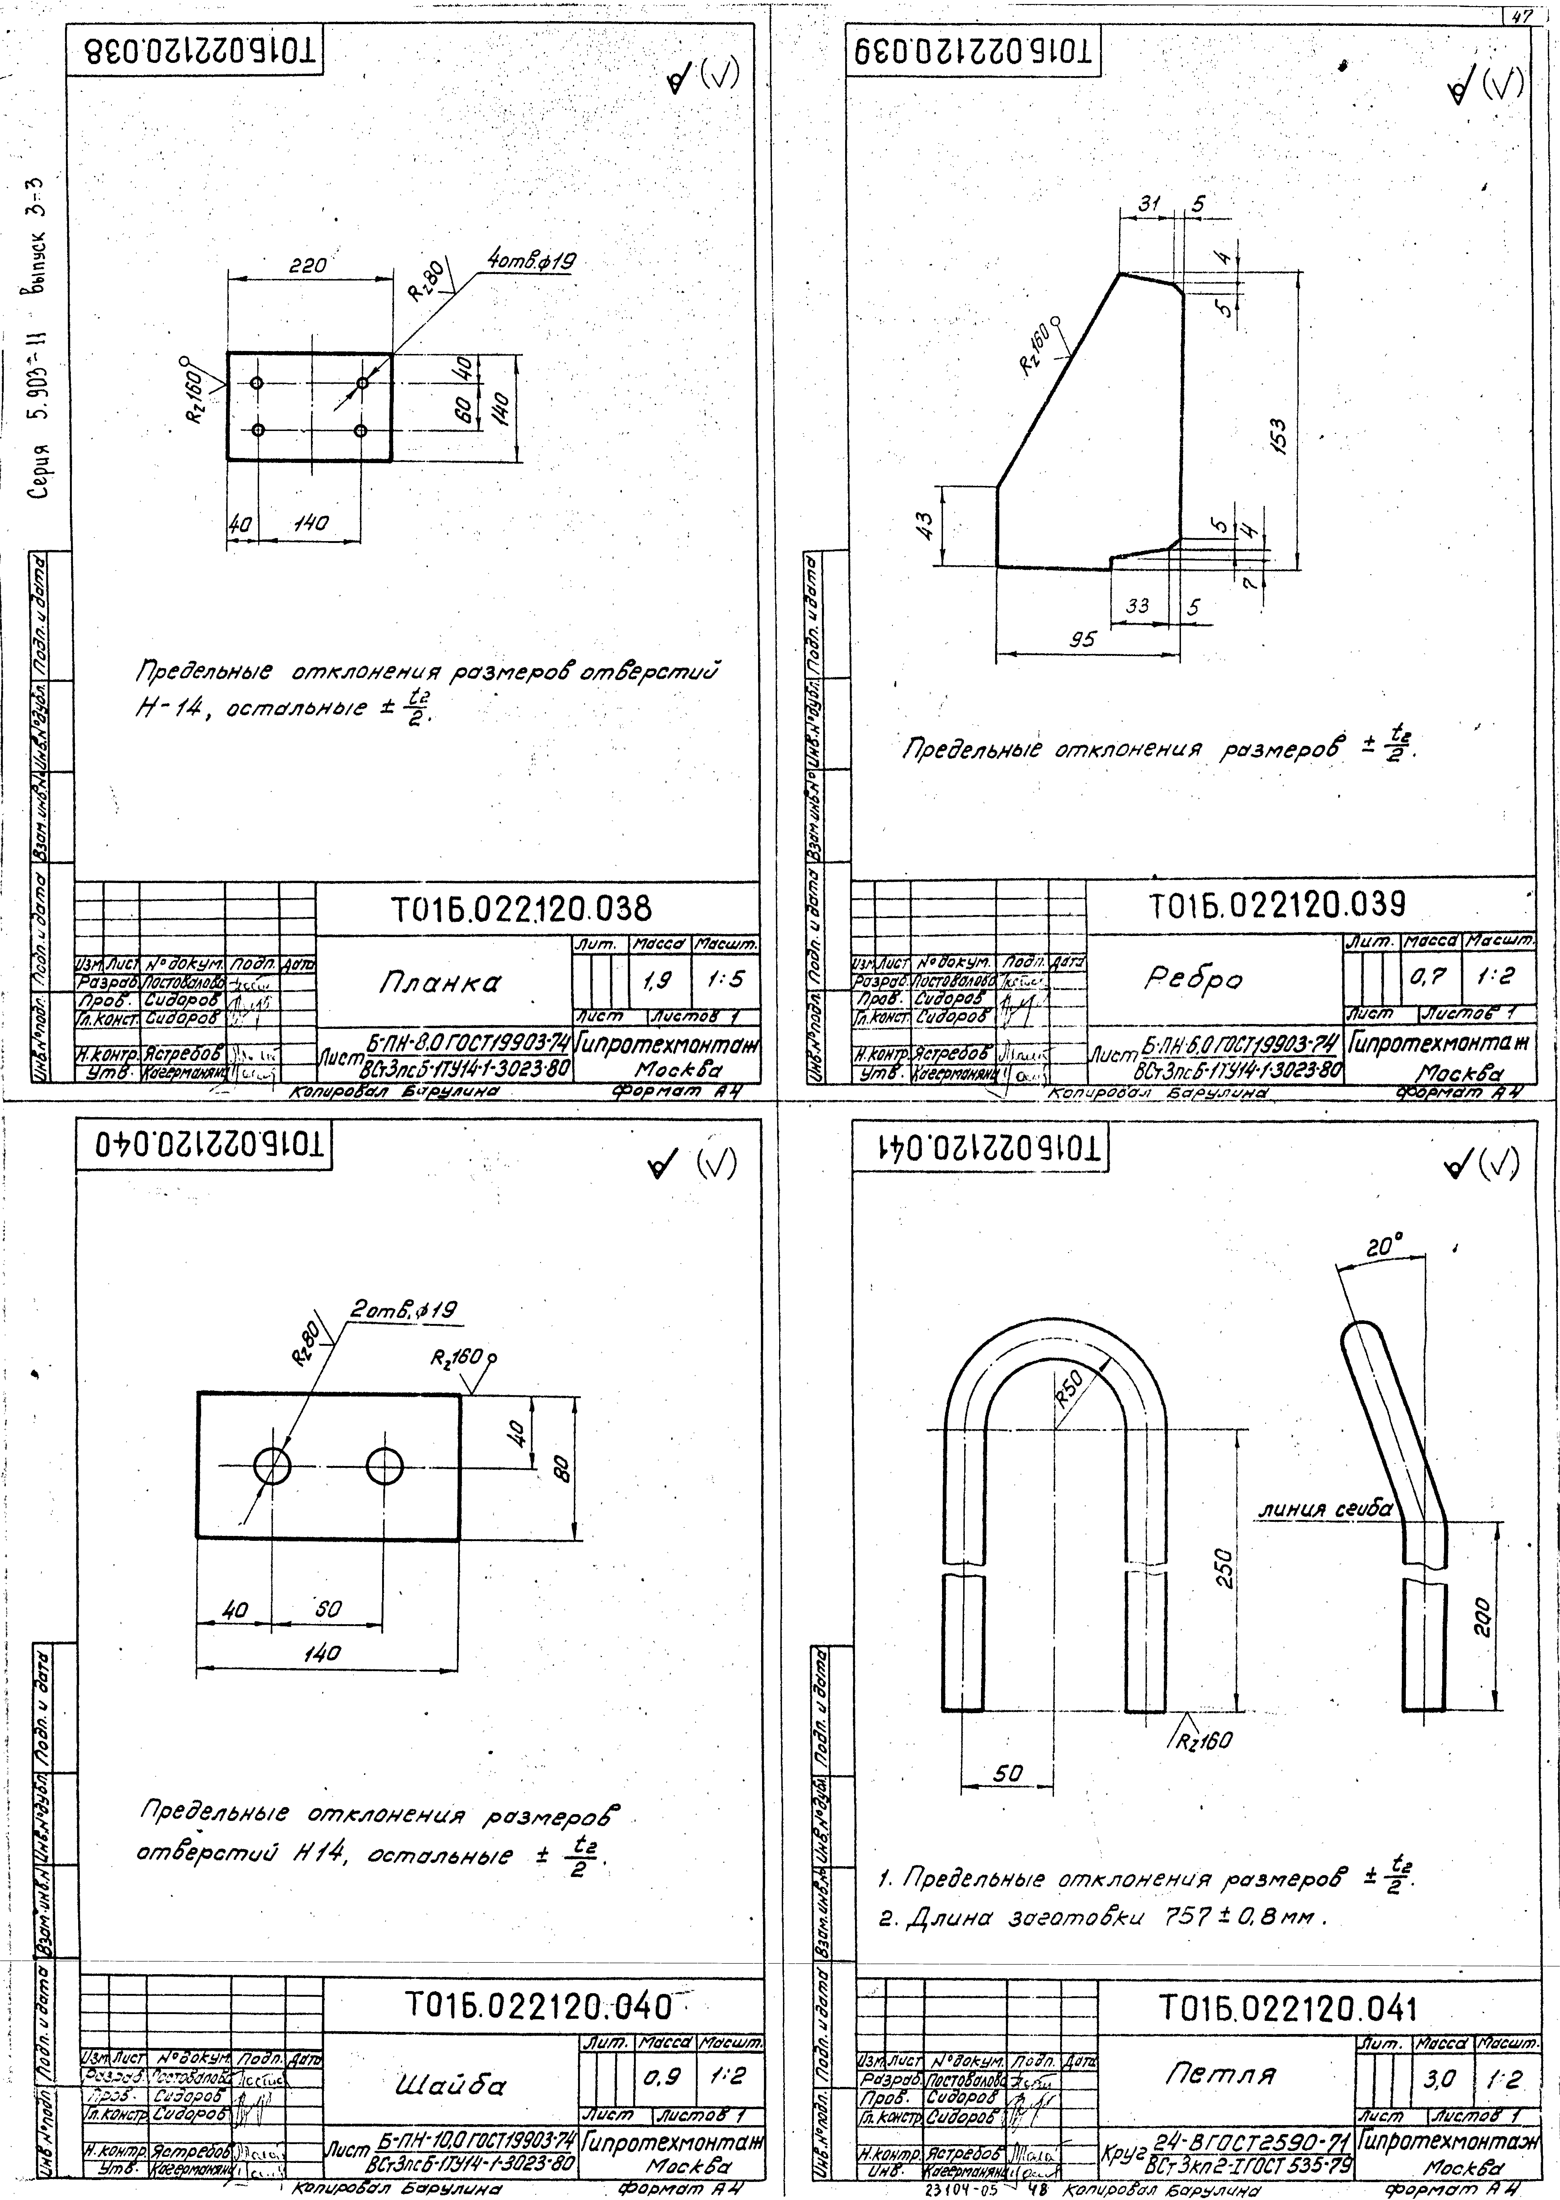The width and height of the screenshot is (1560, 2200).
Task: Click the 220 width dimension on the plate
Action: [308, 265]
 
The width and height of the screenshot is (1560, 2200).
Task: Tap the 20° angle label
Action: [1384, 1247]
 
